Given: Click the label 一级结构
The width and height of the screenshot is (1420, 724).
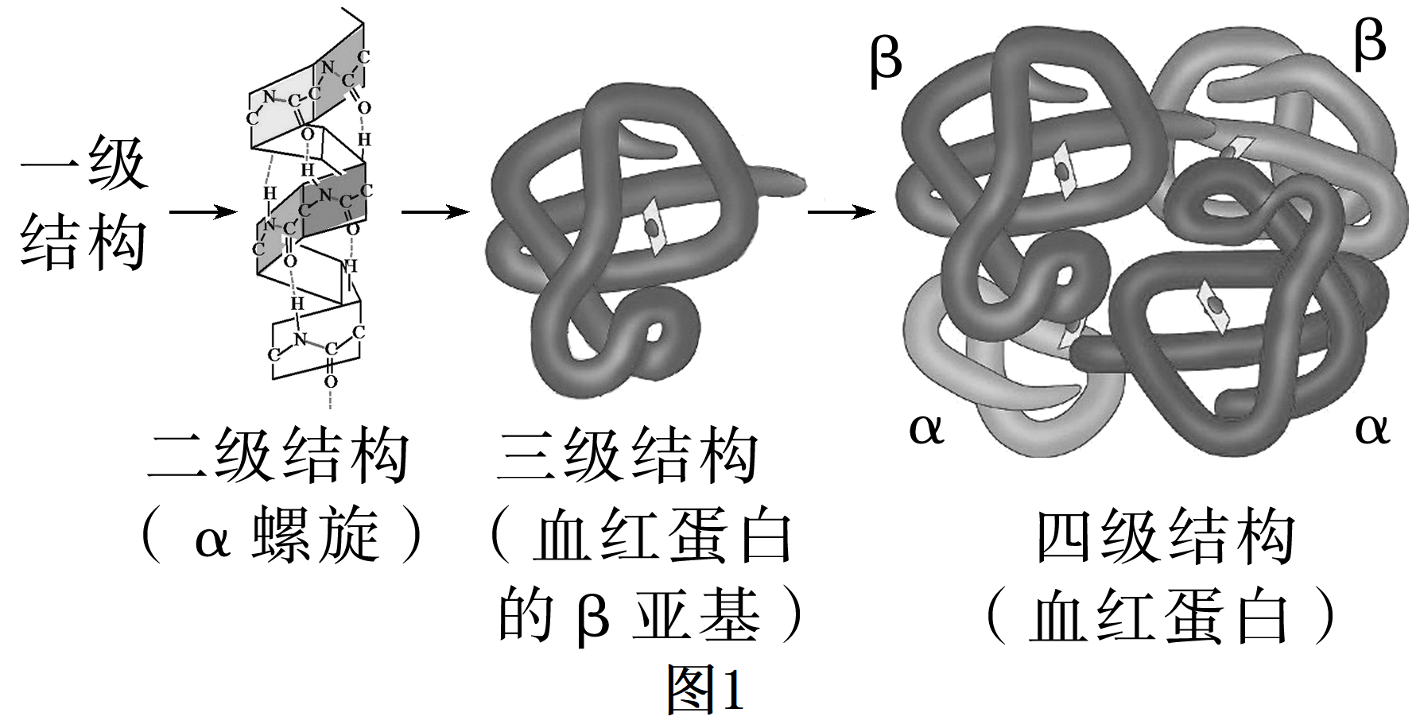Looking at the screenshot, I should (83, 203).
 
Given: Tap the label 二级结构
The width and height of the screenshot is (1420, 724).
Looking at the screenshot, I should (278, 456).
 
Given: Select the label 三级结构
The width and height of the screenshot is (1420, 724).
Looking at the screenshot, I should (628, 456).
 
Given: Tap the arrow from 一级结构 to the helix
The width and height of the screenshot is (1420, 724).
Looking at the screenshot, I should (203, 212).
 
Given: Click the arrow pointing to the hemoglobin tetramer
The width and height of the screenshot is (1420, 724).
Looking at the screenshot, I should (841, 212).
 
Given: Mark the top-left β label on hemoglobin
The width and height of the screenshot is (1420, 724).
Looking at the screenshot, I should (886, 60).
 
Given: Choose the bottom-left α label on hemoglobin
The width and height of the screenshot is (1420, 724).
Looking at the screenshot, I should (926, 429).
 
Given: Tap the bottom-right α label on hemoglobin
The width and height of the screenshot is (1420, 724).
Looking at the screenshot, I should (1372, 429).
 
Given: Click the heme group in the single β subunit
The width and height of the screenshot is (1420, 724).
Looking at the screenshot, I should (653, 227).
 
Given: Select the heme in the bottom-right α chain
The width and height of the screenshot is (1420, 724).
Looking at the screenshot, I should (1215, 305).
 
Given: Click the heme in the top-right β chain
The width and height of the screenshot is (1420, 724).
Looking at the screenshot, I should (1235, 148).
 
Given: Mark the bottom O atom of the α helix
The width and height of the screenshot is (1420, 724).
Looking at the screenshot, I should (331, 381).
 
